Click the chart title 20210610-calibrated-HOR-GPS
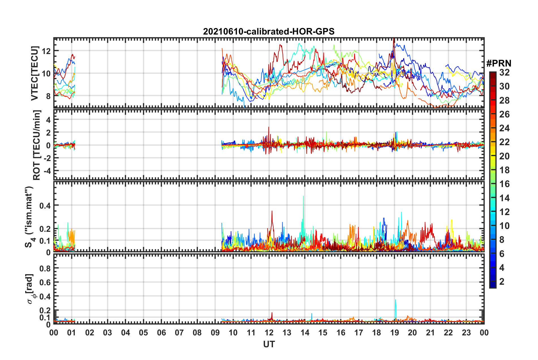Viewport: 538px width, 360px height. coord(269,31)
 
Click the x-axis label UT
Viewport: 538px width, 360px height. coord(269,344)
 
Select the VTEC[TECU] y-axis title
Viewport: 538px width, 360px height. coord(35,73)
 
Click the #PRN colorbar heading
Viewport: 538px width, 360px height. coord(499,63)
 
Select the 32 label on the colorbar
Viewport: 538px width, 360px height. coord(504,72)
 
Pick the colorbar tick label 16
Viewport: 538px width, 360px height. coord(504,184)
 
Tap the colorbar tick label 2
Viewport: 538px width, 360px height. coord(502,281)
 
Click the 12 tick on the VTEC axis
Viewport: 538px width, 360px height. coord(46,51)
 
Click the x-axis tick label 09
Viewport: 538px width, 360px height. coord(215,333)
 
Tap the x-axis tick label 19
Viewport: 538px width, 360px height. coord(394,333)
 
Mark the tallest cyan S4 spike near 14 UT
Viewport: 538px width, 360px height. coord(304,196)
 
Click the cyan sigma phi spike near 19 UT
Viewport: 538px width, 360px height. coord(395,300)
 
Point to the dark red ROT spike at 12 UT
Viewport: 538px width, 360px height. coord(269,127)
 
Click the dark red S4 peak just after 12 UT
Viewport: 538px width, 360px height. coord(272,211)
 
